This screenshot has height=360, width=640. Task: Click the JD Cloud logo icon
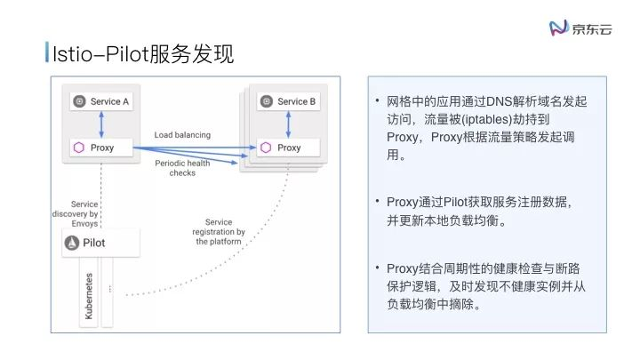[558, 28]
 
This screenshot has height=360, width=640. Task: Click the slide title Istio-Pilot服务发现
[142, 55]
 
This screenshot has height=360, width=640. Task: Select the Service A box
[101, 101]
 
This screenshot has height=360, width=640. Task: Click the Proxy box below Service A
[101, 147]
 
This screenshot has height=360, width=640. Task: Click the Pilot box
[101, 243]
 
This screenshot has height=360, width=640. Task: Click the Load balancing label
[182, 135]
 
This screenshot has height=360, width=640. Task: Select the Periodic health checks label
[182, 168]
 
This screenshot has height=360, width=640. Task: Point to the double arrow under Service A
[102, 124]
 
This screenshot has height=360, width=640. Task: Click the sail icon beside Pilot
[75, 243]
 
